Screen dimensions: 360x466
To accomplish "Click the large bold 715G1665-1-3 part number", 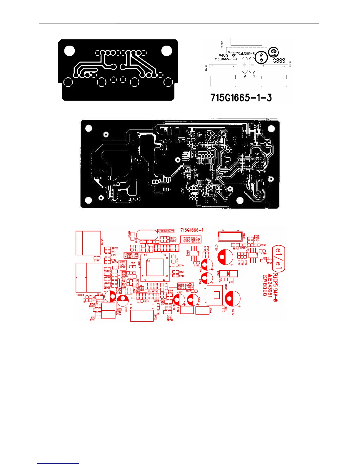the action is (241, 98).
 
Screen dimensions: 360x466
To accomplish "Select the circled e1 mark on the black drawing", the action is (274, 52).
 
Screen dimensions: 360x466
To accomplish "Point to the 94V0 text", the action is (223, 56).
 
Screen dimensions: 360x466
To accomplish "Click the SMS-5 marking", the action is (249, 54).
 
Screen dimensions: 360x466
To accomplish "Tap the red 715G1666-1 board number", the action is (192, 230).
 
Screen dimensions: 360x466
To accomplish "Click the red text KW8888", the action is (265, 285).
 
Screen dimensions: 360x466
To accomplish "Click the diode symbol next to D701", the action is (229, 274).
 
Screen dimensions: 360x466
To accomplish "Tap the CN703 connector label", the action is (102, 242).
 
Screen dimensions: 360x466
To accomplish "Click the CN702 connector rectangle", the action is (141, 315).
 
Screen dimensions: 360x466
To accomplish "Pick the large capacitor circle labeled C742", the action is (232, 298).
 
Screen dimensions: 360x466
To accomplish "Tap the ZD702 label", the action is (115, 249).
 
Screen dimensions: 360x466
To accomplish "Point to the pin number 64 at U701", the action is (146, 255).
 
